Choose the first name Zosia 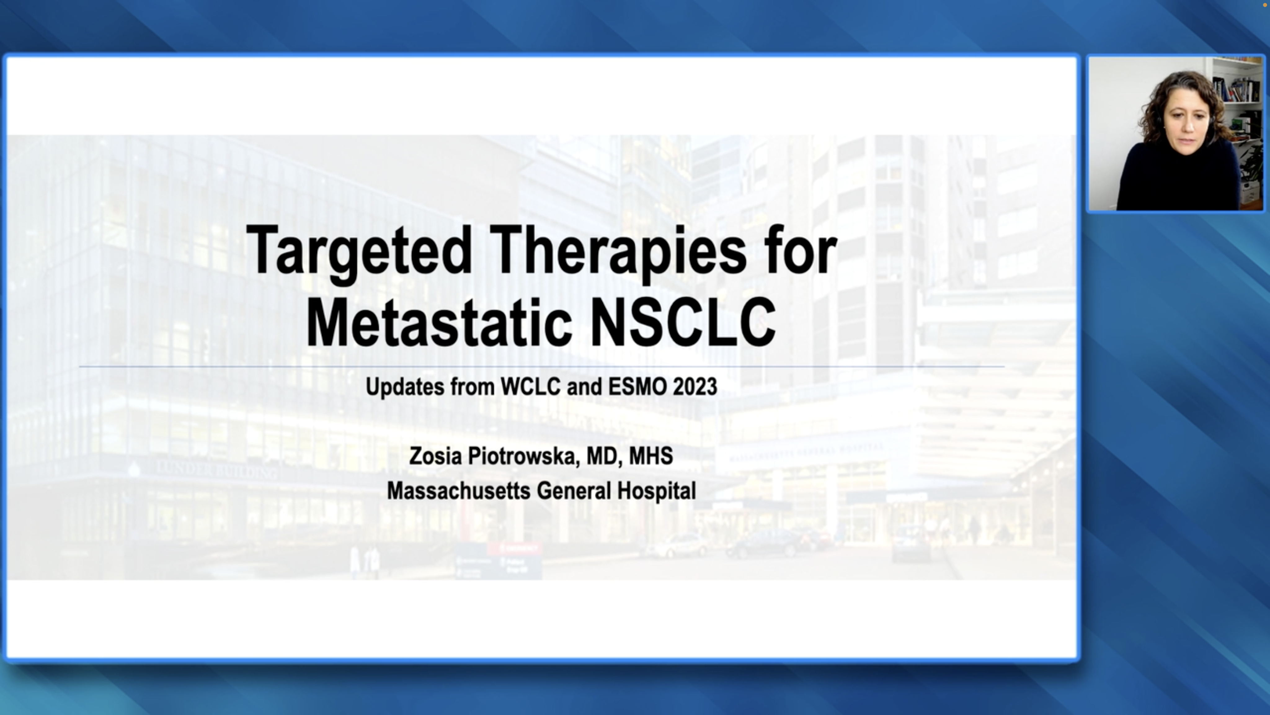[x=435, y=456]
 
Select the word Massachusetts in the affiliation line [x=459, y=491]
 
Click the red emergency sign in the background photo [x=514, y=548]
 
